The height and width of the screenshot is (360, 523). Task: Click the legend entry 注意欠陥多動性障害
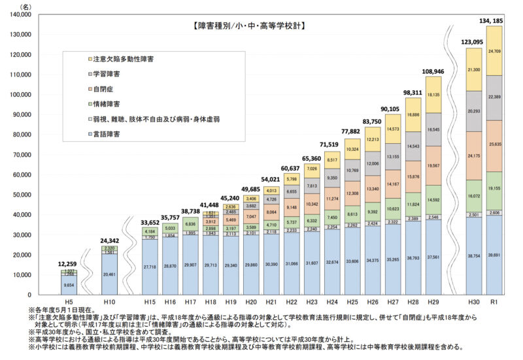point(124,59)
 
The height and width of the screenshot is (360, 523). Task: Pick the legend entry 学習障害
point(108,74)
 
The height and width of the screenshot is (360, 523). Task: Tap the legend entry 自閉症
point(104,89)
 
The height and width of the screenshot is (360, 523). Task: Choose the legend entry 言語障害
point(108,134)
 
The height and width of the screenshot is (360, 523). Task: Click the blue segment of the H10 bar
point(110,274)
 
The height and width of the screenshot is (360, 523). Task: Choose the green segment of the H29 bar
point(433,200)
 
